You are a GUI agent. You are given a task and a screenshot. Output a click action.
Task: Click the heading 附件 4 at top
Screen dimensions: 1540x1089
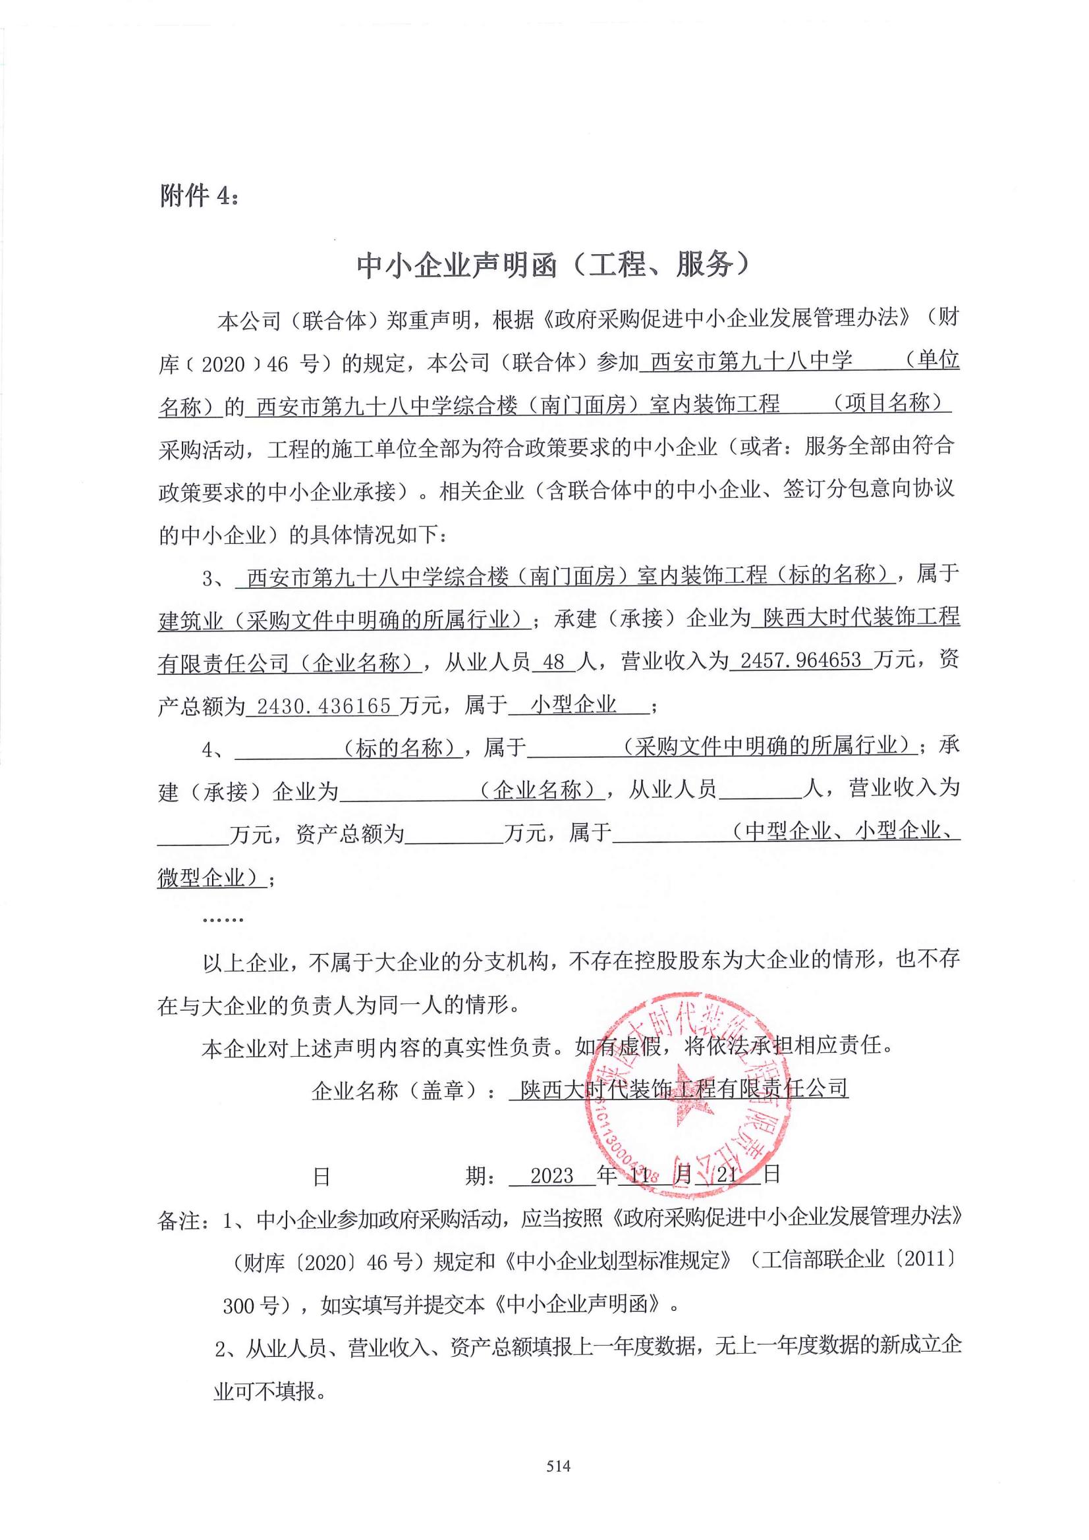tap(198, 196)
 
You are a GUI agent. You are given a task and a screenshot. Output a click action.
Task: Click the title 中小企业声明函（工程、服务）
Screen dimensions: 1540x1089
tap(552, 265)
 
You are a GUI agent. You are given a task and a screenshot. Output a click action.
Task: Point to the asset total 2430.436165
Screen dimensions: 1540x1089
tap(323, 706)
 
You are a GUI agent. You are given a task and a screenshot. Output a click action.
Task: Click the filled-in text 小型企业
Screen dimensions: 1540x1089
tap(573, 704)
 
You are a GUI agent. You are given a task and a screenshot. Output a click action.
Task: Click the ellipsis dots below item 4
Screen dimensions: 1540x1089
tap(223, 920)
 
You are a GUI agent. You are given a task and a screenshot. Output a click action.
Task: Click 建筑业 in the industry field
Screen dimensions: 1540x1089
tap(190, 620)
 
